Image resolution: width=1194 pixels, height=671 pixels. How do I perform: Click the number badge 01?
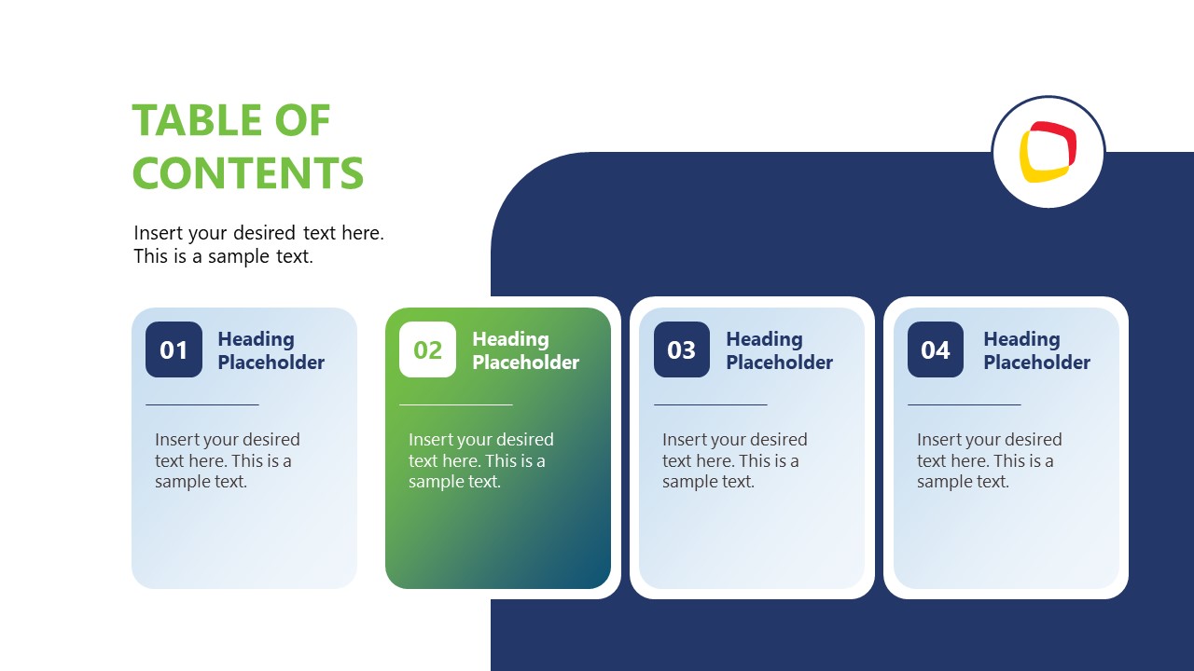[174, 349]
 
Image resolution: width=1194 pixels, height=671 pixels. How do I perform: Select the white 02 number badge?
[427, 349]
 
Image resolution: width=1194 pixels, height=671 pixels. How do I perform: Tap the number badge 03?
[682, 349]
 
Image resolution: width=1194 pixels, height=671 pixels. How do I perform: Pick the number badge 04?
[936, 349]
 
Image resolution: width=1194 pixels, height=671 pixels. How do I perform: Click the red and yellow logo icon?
[1048, 152]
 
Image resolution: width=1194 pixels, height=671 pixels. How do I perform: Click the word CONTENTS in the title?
[248, 173]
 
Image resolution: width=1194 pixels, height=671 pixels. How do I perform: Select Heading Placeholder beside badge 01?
[271, 350]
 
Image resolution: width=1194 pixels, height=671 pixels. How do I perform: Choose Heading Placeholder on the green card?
[525, 350]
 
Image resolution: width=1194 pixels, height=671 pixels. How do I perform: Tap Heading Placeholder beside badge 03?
[779, 350]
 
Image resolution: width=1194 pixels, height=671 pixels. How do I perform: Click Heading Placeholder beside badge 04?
[1036, 350]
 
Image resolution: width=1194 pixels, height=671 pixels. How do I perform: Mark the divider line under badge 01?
[202, 405]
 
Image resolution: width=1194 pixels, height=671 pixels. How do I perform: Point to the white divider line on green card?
[456, 405]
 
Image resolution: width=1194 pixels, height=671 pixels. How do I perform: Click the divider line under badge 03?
[711, 405]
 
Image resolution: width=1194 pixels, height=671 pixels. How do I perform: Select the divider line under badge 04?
[965, 405]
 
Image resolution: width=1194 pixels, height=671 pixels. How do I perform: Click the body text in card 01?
[227, 460]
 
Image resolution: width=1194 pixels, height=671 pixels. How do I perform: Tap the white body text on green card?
[480, 460]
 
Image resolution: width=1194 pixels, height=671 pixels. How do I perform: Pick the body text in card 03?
[734, 460]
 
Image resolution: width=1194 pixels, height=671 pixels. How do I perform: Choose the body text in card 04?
[989, 460]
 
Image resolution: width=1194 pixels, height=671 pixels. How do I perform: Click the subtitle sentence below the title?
[258, 244]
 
